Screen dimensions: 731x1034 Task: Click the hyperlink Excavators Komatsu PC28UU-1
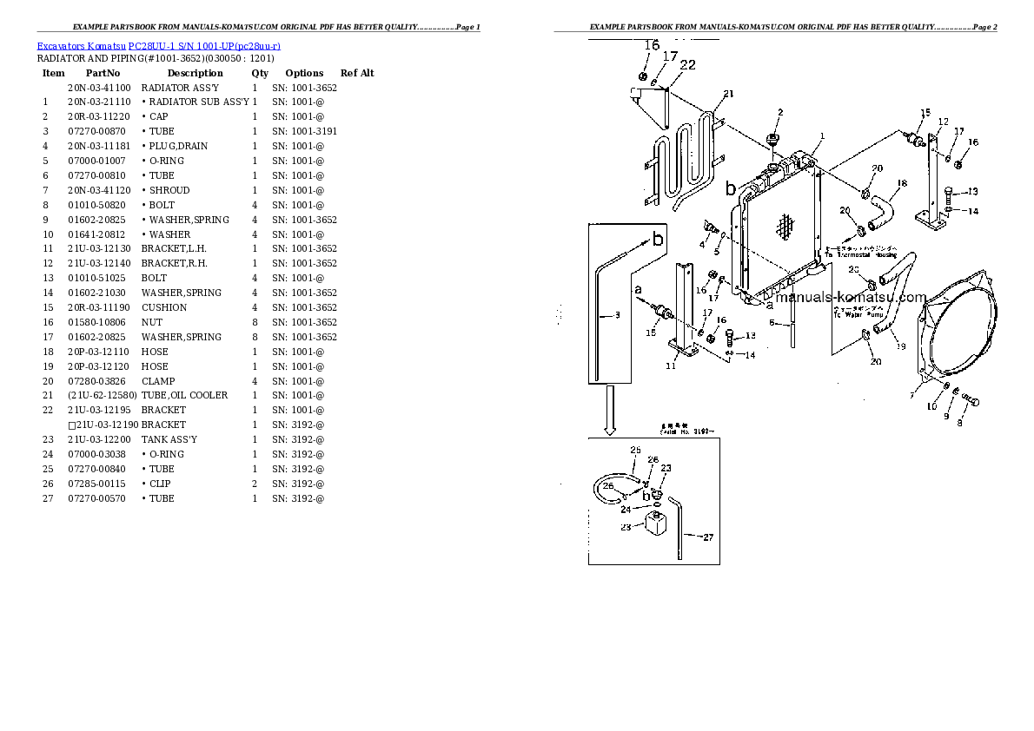81,45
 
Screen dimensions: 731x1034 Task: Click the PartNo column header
103,73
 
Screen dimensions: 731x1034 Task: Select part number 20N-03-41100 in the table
98,88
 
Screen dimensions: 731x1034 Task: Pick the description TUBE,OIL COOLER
184,395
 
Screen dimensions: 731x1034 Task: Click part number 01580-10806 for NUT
96,322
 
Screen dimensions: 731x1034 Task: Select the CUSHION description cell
163,307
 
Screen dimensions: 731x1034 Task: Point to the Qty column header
260,73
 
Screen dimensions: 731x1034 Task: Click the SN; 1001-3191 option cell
304,131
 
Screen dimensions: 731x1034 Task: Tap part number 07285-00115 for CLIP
96,484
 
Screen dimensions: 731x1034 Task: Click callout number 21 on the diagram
728,94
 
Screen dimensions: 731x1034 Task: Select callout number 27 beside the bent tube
707,537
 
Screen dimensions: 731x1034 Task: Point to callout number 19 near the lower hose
900,346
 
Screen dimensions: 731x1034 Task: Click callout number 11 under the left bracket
670,366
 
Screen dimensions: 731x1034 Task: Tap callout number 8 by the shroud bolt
959,424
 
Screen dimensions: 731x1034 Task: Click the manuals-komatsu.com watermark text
851,297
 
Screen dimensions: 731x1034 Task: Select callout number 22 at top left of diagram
687,64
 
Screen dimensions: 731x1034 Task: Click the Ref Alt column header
357,73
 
